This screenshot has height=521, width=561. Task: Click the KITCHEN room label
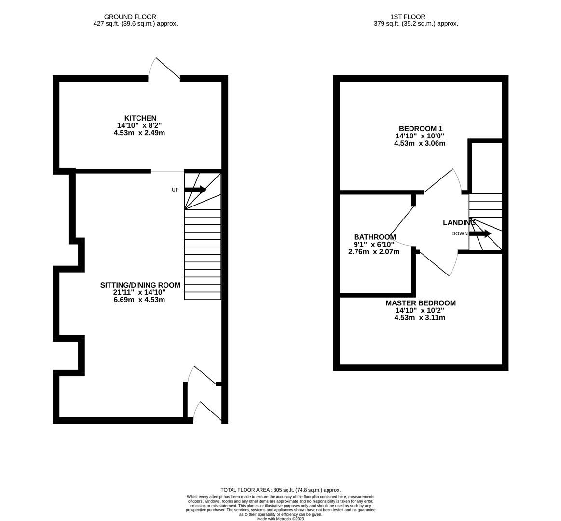click(140, 118)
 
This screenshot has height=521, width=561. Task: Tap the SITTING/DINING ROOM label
click(140, 285)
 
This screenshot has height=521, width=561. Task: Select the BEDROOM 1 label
click(420, 129)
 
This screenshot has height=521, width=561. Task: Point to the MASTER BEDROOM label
click(420, 303)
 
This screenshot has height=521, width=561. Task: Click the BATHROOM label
click(374, 237)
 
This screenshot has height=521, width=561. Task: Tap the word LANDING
click(459, 223)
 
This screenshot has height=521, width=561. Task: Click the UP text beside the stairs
click(175, 190)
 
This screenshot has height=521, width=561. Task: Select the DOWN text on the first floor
click(459, 234)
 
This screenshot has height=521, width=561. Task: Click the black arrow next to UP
click(195, 190)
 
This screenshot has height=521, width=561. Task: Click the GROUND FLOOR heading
click(130, 17)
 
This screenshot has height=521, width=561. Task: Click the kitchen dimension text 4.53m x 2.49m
click(139, 133)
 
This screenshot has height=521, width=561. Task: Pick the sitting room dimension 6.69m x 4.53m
click(139, 300)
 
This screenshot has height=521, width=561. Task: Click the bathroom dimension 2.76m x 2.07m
click(373, 252)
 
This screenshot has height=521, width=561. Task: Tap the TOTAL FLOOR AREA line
click(280, 490)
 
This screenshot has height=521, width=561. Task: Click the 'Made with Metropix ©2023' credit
click(280, 519)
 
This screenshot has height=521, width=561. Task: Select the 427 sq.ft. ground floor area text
click(135, 24)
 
